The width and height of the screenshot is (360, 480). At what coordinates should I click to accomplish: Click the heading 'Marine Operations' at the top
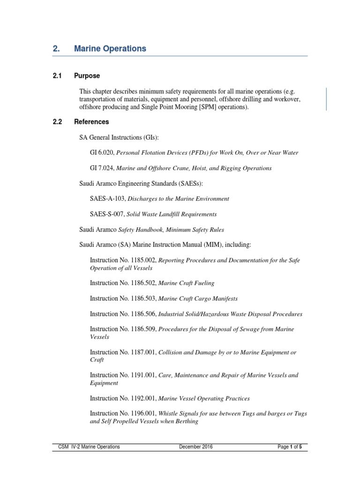[x=110, y=49]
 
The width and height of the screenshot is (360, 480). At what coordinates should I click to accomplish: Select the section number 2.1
[x=57, y=76]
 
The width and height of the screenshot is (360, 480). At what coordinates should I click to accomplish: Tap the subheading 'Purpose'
[x=87, y=76]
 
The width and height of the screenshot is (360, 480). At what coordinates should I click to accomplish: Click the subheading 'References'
[x=91, y=122]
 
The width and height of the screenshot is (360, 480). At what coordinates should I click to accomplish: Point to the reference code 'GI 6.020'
[x=101, y=152]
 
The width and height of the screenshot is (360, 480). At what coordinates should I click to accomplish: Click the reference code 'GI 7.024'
[x=101, y=168]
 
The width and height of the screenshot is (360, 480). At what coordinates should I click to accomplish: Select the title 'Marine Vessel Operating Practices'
[x=204, y=398]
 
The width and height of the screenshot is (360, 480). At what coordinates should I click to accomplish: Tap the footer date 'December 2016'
[x=195, y=447]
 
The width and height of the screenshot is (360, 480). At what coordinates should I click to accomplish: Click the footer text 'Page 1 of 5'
[x=289, y=447]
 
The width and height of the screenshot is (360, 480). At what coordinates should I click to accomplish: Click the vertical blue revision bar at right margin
[x=326, y=99]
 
